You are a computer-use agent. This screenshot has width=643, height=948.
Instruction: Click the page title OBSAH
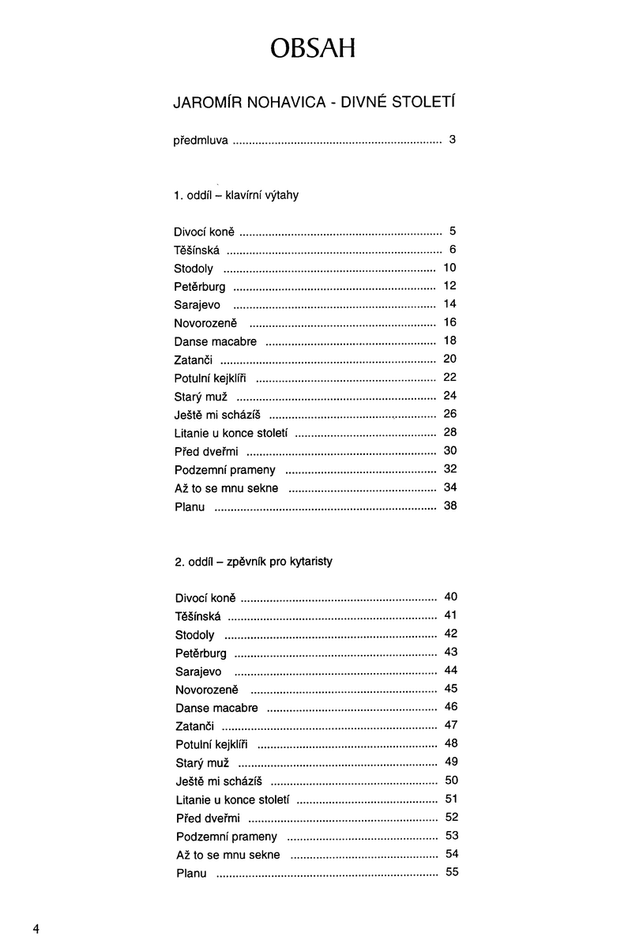[312, 49]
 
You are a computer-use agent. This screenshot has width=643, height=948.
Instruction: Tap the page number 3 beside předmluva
[452, 141]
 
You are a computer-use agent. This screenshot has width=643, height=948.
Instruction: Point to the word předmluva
[201, 141]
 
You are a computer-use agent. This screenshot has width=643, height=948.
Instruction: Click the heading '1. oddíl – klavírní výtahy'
[235, 195]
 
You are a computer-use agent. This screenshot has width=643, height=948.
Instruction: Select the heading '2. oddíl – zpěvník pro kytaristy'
[254, 562]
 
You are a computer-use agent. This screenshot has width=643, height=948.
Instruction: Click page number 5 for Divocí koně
[453, 231]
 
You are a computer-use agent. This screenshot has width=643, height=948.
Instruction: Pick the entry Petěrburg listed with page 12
[200, 287]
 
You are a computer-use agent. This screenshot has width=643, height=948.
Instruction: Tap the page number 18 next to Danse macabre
[450, 340]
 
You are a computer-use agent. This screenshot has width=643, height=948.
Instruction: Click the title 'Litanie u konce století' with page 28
[231, 433]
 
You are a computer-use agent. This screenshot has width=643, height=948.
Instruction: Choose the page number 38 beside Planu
[450, 506]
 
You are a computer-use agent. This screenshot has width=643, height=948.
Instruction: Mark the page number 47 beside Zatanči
[451, 725]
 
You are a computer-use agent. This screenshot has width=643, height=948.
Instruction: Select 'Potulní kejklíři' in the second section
[212, 744]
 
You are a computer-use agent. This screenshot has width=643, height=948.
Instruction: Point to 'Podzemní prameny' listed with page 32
[225, 469]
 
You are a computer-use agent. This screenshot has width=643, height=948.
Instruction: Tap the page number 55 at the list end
[452, 872]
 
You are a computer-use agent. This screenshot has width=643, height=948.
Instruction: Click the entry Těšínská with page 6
[197, 250]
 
